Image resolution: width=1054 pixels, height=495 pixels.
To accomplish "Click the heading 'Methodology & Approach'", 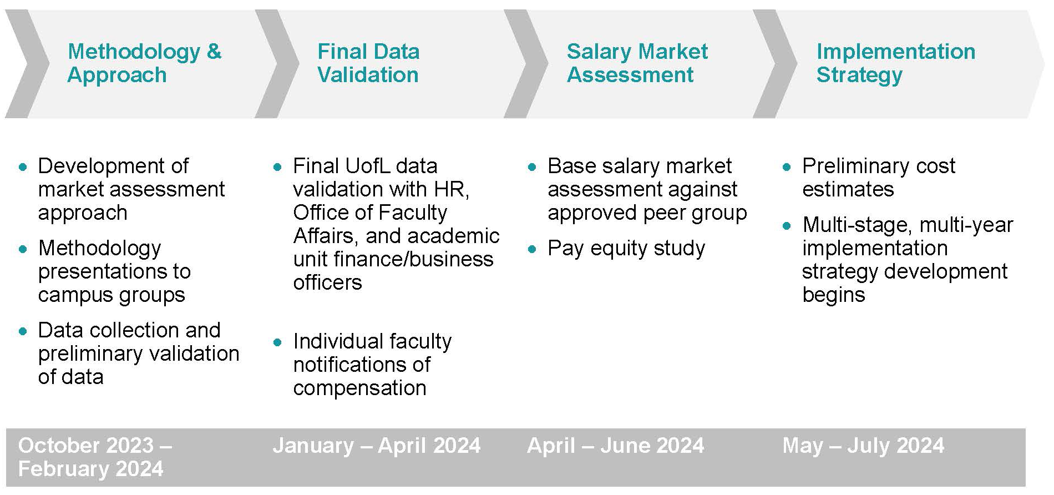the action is (144, 63).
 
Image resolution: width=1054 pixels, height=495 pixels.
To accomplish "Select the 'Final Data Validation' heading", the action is (368, 63).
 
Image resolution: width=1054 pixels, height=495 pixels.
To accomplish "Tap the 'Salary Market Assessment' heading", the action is (637, 63).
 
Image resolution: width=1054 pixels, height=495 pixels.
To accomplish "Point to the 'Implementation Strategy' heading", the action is (895, 63).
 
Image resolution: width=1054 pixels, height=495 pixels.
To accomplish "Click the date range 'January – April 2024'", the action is (376, 446).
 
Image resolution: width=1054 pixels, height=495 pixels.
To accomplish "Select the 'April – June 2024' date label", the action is (615, 446).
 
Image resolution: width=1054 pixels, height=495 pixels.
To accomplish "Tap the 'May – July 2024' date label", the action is (863, 446).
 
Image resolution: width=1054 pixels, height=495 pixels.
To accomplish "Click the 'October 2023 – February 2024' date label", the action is (95, 457).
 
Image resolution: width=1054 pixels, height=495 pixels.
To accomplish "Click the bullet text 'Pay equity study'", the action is (626, 249).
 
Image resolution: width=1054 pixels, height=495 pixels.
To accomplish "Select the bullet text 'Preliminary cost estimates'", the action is (879, 178).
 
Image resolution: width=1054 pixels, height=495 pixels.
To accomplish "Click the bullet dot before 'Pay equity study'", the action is (533, 250).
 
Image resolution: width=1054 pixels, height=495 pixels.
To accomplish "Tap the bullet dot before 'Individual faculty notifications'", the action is (278, 342).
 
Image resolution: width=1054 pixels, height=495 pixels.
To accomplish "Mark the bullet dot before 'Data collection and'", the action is (23, 331).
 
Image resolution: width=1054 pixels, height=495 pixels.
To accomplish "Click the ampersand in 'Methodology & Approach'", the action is (214, 52).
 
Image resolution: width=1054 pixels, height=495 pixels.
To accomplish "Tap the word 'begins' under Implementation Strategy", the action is (834, 295).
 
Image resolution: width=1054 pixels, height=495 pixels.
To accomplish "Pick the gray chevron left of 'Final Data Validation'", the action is (276, 64).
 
